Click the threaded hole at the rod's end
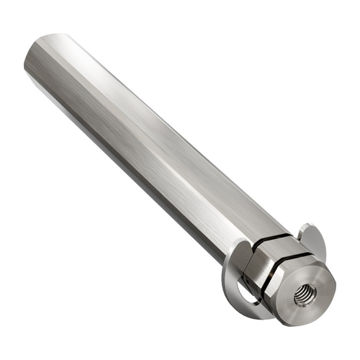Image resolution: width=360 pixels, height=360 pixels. coord(305,295)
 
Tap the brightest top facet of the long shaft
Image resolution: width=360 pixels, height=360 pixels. coord(144,108)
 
